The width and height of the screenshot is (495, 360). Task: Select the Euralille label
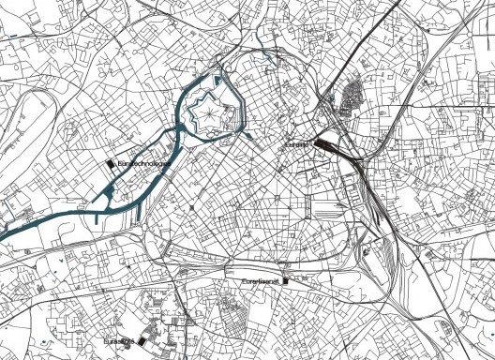(x=297, y=145)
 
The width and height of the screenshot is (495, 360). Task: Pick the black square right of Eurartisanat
(x=287, y=280)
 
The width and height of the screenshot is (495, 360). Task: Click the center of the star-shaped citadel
(x=205, y=115)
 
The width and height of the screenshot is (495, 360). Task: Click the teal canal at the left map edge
(x=7, y=230)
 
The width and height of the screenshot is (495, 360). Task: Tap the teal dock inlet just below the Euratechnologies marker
(x=110, y=193)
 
